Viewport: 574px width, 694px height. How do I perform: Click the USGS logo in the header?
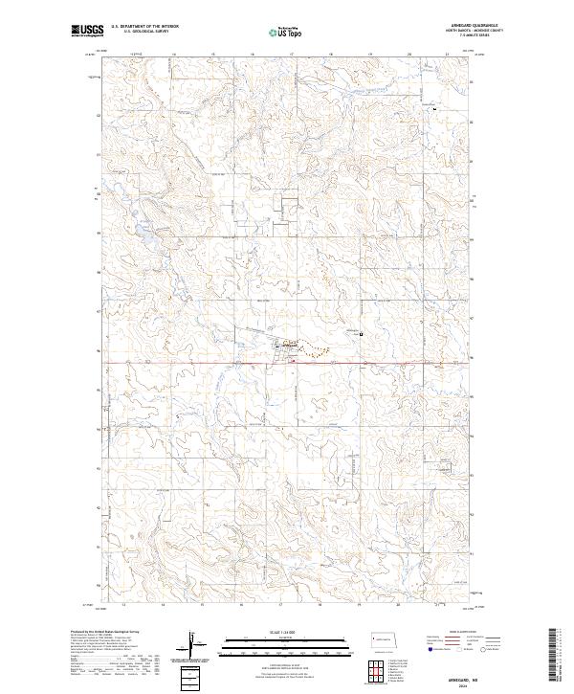click(86, 31)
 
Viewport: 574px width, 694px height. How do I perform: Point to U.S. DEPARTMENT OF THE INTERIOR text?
click(144, 27)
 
